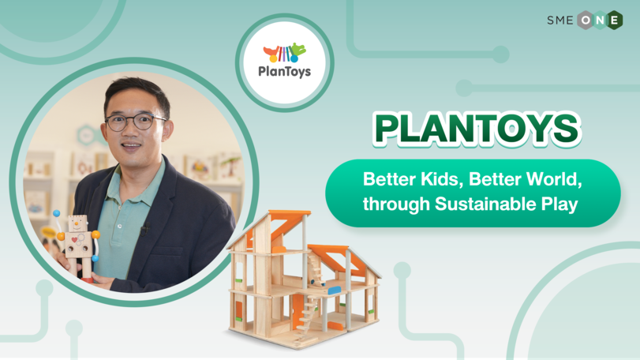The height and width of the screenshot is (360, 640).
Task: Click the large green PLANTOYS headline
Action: click(x=477, y=129)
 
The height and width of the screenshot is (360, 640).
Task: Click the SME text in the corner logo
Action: click(x=560, y=20)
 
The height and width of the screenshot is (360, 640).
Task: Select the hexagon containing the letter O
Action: click(x=586, y=20)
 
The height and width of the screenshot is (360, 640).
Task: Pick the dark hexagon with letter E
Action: click(x=614, y=20)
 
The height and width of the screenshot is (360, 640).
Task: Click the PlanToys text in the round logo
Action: click(x=285, y=71)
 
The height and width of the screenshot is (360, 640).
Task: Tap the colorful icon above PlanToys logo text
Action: click(x=285, y=53)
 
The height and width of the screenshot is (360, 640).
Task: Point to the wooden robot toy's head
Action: click(x=77, y=224)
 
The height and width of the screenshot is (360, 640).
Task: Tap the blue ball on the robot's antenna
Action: click(x=56, y=213)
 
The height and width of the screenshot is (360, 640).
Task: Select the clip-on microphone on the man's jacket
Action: click(x=144, y=229)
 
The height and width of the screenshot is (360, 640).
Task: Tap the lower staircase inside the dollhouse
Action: click(x=307, y=313)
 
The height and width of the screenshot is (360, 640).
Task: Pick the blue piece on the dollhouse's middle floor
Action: click(x=335, y=291)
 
